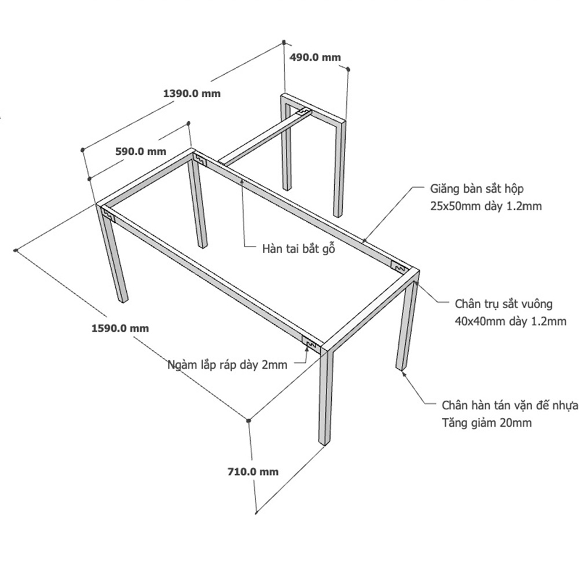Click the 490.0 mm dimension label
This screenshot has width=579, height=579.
315,57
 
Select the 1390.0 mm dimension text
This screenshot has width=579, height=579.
192,93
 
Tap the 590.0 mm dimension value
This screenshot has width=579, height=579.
141,151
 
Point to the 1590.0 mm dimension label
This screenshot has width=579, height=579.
120,328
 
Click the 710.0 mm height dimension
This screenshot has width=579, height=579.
253,471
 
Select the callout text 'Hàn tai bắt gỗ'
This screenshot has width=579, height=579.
299,248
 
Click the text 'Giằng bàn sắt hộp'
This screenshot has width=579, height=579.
477,189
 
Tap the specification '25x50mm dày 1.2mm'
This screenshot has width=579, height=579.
486,206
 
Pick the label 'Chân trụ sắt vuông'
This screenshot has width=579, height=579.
504,304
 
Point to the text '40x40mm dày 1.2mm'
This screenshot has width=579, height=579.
510,321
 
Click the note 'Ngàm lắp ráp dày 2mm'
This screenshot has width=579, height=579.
228,365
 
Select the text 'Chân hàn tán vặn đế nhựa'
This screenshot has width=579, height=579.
510,405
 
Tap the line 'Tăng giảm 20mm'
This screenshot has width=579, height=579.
487,423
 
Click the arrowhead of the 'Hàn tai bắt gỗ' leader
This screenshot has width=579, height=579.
242,181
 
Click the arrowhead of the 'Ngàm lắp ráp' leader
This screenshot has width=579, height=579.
307,347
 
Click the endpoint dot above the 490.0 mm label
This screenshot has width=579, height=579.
284,42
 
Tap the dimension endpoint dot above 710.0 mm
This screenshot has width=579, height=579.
248,420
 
